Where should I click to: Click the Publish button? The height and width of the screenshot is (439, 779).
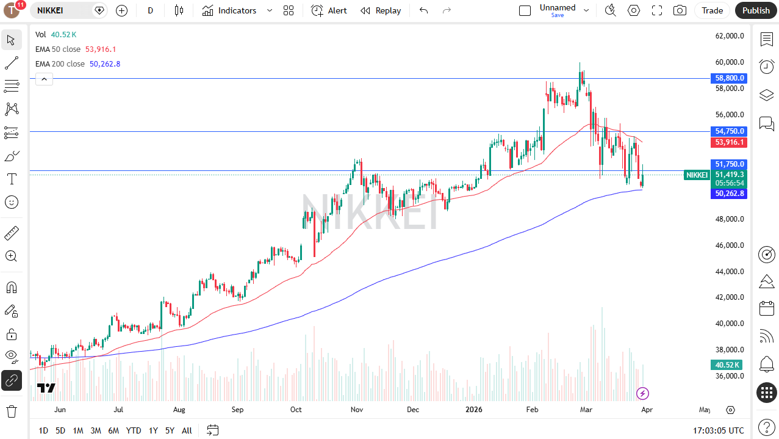pos(756,10)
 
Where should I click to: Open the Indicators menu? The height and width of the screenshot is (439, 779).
pos(230,10)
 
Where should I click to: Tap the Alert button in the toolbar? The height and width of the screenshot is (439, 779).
pos(329,10)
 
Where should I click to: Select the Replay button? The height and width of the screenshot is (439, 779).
pos(381,10)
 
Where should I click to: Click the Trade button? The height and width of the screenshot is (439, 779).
pos(712,10)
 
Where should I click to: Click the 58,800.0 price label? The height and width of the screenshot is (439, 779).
pos(729,78)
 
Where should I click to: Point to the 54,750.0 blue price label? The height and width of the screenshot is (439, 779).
pos(729,131)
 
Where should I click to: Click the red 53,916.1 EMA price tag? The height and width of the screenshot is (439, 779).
pos(729,142)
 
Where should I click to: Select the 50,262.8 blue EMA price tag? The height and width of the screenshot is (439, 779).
pos(729,194)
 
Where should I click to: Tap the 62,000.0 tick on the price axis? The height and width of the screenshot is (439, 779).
pos(730,36)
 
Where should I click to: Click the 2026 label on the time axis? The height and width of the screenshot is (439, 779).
pos(473,410)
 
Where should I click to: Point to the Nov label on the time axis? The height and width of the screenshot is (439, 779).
pos(357,410)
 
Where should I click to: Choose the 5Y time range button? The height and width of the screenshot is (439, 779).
pos(170,430)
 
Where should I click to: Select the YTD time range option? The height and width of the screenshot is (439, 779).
pos(134,430)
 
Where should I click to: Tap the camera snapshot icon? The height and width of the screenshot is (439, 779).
pos(679,10)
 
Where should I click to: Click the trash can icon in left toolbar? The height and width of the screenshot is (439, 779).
pos(11,411)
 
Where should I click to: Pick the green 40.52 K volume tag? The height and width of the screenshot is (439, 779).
pos(726,365)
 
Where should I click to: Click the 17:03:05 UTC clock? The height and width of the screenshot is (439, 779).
pos(718,430)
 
